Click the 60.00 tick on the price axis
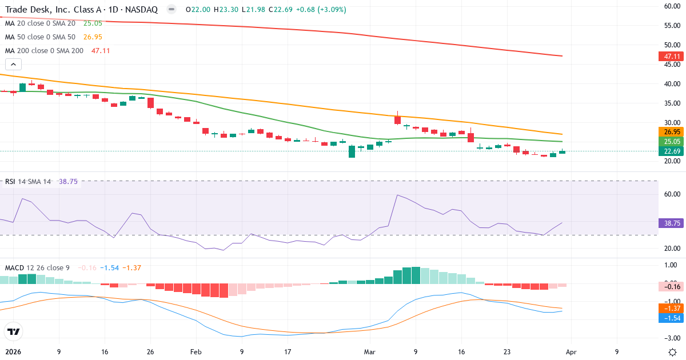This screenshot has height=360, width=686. tap(671, 6)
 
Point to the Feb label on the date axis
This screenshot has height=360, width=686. tap(196, 352)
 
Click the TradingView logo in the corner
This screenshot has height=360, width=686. tap(13, 331)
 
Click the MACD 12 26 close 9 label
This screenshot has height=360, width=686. tap(38, 267)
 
